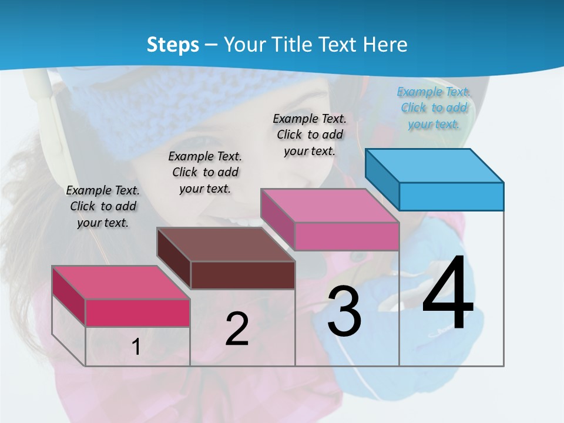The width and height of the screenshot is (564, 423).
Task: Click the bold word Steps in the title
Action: [x=172, y=45]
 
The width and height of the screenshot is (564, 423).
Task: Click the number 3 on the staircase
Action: [x=344, y=311]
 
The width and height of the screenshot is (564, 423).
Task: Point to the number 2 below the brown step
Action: [x=237, y=329]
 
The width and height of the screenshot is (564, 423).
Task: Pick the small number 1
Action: [x=136, y=347]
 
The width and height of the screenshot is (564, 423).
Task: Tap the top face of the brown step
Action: [x=226, y=244]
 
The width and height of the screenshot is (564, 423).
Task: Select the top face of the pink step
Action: [x=330, y=206]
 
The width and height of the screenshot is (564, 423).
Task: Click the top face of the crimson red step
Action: [x=121, y=283]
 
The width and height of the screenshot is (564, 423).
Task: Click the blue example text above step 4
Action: [x=434, y=108]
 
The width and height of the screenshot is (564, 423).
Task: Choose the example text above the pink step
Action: [x=310, y=135]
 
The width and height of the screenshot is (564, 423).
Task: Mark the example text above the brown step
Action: [x=205, y=172]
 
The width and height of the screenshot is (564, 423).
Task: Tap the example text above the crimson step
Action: [x=103, y=206]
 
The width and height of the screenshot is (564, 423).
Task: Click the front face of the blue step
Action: [x=451, y=196]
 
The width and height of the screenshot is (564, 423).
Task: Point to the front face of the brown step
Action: [x=243, y=275]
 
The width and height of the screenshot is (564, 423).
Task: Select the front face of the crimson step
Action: [x=137, y=313]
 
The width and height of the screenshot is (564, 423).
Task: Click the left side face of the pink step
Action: [x=277, y=218]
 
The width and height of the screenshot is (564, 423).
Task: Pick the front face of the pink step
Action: [x=347, y=236]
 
